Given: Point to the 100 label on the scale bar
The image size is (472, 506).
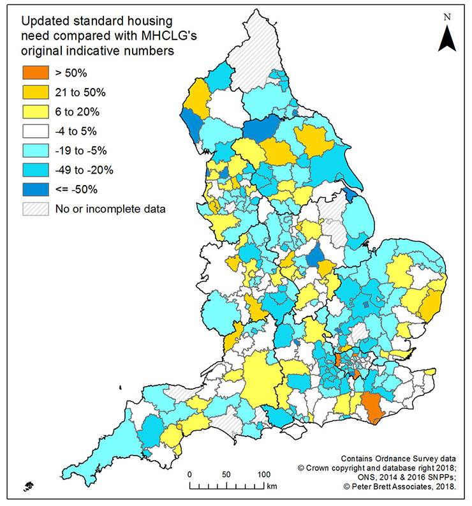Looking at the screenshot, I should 263,475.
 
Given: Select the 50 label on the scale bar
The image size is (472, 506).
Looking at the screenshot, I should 226,475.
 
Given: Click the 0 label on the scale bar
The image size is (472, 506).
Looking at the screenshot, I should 190,475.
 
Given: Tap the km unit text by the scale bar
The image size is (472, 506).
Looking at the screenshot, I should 272,487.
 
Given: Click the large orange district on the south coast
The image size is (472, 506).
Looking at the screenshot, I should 371,406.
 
